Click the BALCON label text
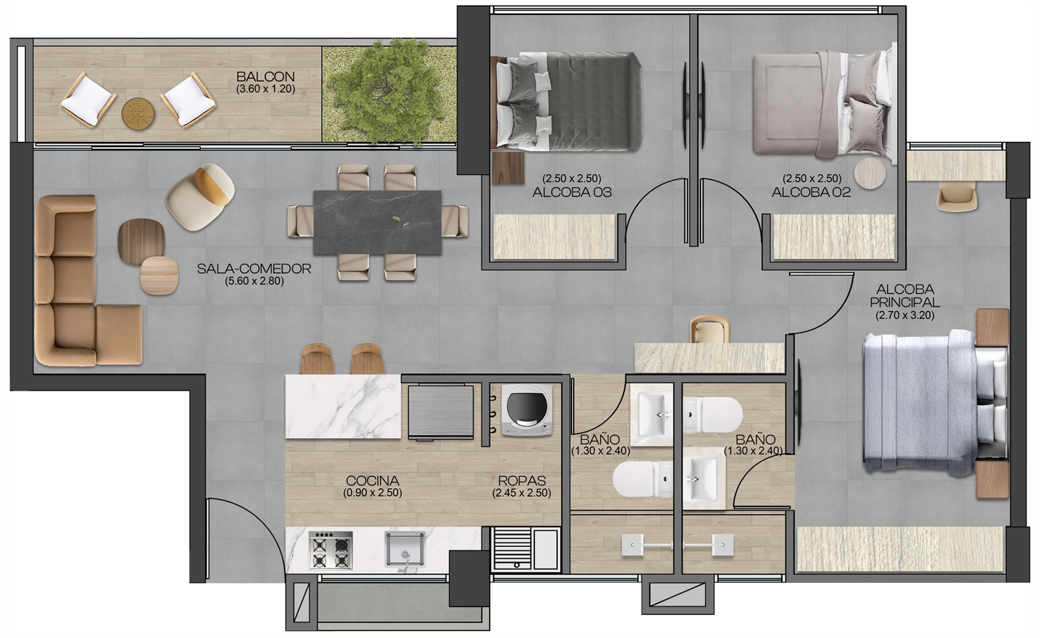265,77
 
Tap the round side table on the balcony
138,113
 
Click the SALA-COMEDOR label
254,269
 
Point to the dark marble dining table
377,222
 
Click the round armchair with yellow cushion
201,196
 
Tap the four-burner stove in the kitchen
331,551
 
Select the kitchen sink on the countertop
405,550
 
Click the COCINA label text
372,481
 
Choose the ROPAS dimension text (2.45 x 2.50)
521,492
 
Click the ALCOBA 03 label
572,192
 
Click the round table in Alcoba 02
870,173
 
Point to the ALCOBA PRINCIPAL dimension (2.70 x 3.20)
905,315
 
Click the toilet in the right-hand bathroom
713,415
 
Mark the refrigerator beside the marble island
440,411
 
